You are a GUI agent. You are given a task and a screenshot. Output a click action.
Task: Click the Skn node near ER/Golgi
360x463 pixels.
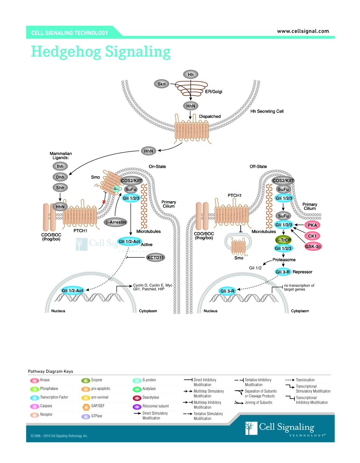(162, 84)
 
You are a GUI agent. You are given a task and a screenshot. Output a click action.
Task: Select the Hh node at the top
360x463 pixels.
(191, 75)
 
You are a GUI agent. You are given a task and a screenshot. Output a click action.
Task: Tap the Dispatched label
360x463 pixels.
(210, 116)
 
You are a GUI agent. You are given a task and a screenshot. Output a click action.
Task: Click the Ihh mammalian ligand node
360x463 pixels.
(60, 166)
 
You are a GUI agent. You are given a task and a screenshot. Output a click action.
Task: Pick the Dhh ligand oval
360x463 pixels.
(60, 177)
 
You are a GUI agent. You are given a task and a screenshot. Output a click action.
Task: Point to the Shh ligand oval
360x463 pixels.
(60, 188)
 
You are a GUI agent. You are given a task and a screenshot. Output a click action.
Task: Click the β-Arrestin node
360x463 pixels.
(116, 222)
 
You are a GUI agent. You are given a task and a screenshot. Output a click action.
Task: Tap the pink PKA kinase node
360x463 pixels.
(312, 225)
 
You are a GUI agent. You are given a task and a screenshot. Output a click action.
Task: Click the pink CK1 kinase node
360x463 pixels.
(312, 236)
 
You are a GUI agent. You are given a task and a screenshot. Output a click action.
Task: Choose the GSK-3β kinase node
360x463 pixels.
(313, 247)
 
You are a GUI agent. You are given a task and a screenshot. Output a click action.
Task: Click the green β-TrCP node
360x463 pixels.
(283, 240)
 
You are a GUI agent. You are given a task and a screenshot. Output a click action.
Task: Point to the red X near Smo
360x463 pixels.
(103, 202)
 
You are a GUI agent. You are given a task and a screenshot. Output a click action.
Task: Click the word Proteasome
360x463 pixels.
(284, 260)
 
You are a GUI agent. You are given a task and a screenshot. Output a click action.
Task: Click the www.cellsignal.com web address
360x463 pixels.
(303, 31)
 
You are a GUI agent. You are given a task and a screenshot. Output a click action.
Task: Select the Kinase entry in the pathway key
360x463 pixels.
(45, 380)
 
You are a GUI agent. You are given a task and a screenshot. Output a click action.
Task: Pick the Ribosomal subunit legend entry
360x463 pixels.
(155, 406)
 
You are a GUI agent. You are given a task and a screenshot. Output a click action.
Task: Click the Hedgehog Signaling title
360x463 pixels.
(100, 51)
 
